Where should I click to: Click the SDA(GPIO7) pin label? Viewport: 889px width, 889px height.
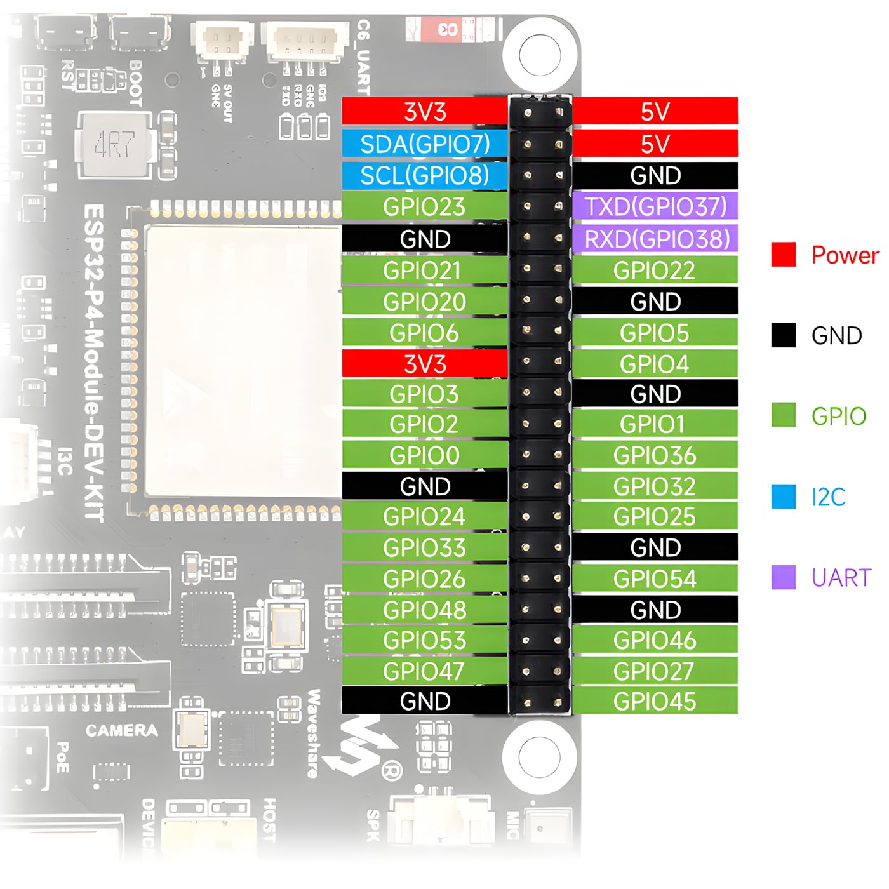tap(425, 144)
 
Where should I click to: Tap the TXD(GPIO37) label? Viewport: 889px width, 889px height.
tap(655, 206)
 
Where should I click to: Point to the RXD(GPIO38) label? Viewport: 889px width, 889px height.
tap(655, 239)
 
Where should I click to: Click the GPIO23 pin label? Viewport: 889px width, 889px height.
tap(425, 207)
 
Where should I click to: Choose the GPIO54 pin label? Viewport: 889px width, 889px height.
tap(655, 578)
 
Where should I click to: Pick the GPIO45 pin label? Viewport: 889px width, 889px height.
tap(655, 701)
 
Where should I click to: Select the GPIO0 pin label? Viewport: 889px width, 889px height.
tap(425, 455)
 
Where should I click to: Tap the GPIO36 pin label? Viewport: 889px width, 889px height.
tap(655, 455)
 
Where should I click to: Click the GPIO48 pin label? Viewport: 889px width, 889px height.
tap(425, 610)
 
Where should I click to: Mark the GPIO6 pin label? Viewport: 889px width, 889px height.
tap(425, 333)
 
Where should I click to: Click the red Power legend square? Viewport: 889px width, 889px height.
tap(784, 255)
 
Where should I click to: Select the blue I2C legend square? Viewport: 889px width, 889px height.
tap(784, 497)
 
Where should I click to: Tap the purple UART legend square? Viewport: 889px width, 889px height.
tap(784, 577)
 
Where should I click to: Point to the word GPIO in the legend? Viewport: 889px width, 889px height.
tap(839, 417)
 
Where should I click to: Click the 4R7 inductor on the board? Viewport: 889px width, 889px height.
tap(115, 145)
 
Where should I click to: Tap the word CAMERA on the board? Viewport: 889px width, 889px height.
tap(122, 730)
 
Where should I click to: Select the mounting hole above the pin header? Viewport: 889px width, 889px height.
tap(540, 55)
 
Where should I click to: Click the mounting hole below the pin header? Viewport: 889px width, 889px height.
tap(539, 756)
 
